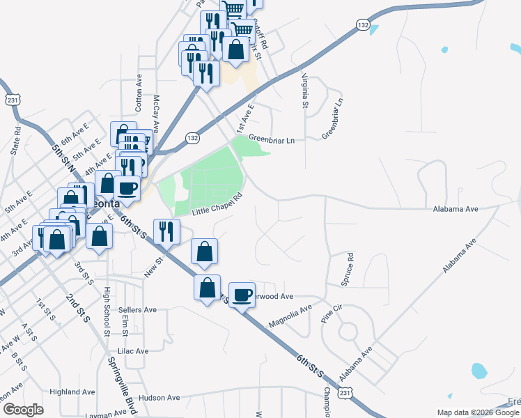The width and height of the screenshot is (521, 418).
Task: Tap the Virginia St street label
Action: click(x=304, y=91)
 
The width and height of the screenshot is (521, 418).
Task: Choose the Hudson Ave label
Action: click(x=159, y=398)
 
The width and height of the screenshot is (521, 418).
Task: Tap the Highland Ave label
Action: click(x=72, y=392)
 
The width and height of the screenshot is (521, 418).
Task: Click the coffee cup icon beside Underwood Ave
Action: click(x=242, y=295)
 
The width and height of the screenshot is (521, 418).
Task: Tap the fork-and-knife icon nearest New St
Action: click(x=166, y=231)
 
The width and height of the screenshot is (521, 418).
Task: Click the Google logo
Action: click(x=23, y=410)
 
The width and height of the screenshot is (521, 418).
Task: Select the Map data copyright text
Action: click(x=479, y=412)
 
